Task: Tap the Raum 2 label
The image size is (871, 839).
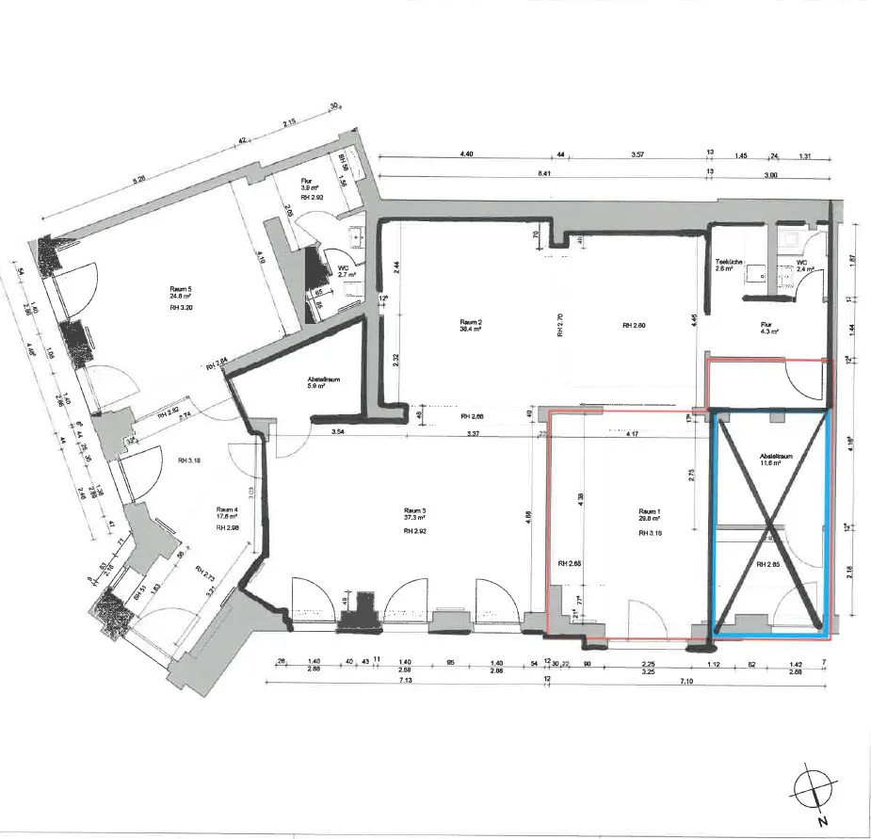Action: pos(472,323)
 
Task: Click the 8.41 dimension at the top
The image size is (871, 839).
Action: pos(465,173)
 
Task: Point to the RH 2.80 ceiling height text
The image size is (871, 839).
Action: pos(633,326)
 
